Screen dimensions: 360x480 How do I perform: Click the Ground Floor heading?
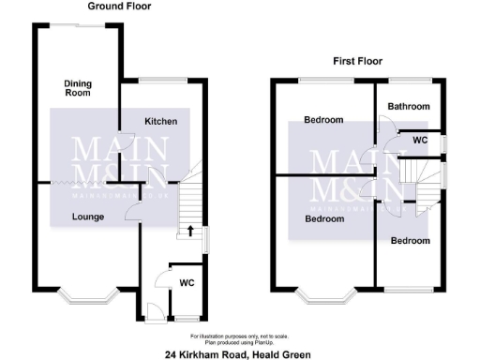(119, 6)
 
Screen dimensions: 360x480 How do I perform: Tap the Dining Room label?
(78, 88)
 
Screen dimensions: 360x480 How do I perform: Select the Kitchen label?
(160, 122)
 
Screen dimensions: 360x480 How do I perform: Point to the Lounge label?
(88, 217)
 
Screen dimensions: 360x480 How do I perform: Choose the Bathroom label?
(410, 107)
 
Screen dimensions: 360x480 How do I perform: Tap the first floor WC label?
(420, 141)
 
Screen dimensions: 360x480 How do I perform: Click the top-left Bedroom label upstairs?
(323, 120)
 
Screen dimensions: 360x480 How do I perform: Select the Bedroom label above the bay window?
(323, 218)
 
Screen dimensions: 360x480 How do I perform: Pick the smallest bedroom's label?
(410, 241)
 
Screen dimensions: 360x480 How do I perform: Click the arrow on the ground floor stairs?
(190, 229)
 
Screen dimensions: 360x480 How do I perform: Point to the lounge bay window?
(87, 298)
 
